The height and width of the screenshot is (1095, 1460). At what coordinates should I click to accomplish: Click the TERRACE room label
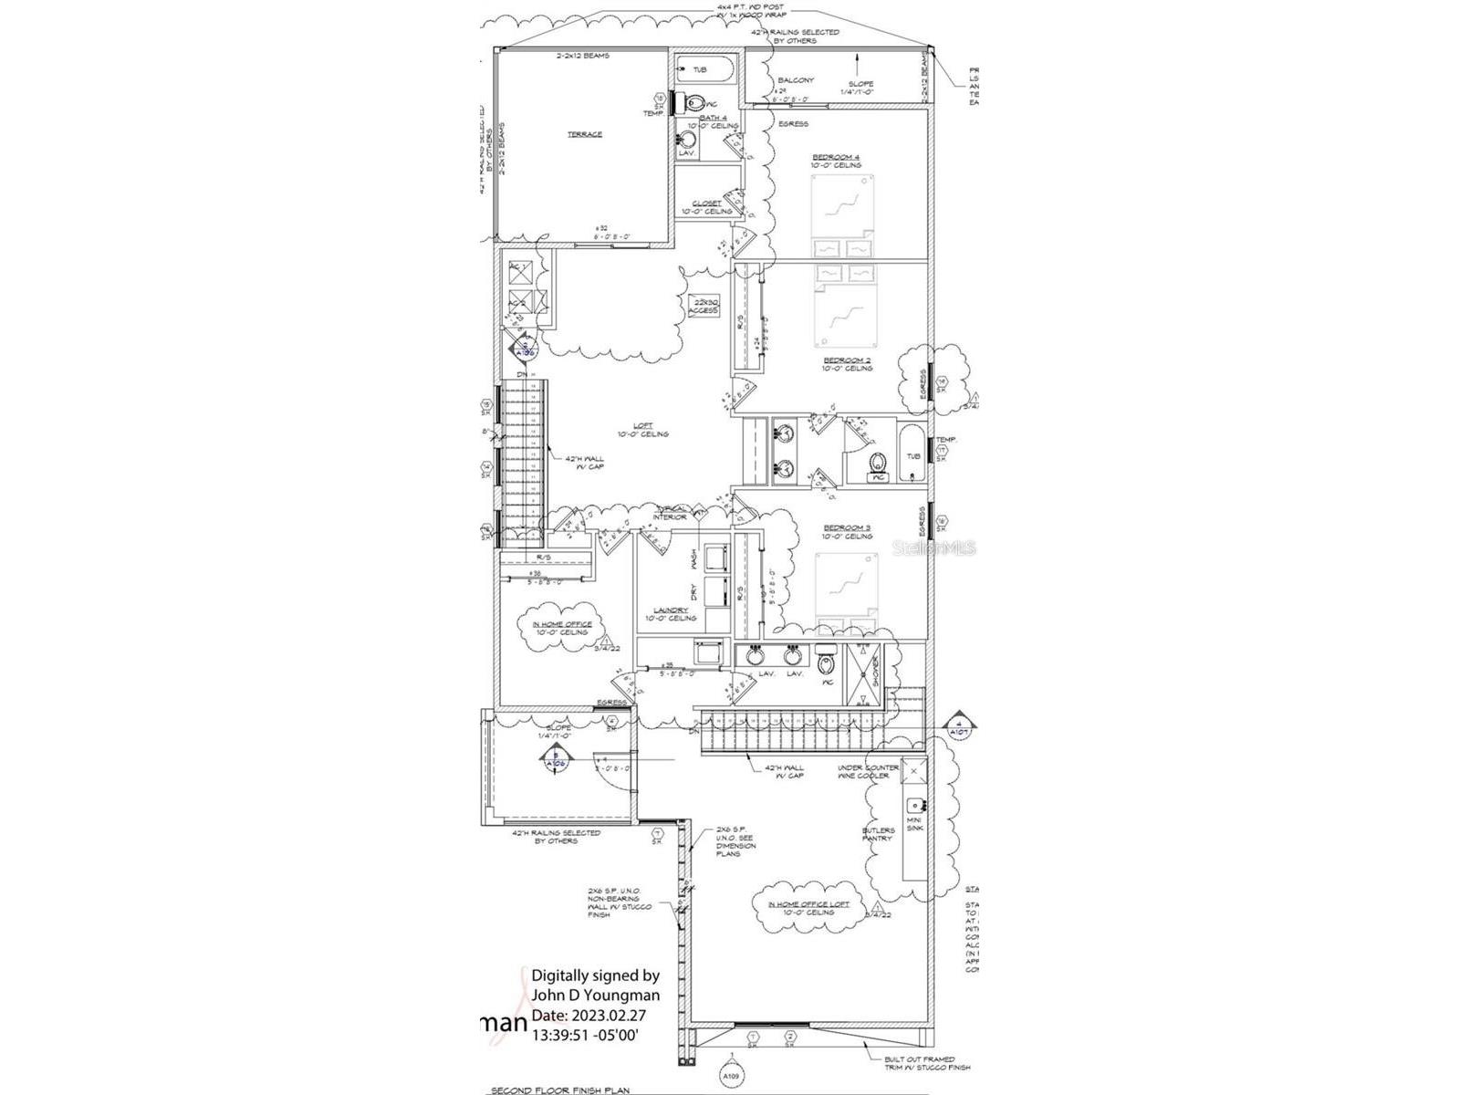coord(585,135)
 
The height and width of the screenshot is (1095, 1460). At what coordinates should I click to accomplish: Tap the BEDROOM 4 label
coord(836,157)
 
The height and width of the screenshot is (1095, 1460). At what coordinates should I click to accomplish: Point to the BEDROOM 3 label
coord(847,527)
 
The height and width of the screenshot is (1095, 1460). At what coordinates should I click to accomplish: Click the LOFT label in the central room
coord(644,426)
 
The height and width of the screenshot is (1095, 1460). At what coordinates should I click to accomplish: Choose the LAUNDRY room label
coord(671,610)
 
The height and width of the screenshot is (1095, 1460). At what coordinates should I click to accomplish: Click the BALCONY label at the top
coord(796,80)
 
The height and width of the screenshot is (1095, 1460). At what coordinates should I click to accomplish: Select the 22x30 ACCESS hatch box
coord(704,306)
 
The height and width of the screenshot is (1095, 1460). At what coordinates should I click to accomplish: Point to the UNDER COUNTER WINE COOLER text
coord(868,772)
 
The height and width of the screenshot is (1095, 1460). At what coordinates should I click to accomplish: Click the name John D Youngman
coord(595,995)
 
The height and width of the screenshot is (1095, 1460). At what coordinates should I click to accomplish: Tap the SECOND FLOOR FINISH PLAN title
coord(560,1090)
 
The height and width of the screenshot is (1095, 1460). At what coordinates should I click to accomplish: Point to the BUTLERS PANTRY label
coord(878,834)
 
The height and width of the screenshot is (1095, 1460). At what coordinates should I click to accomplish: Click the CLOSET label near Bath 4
coord(706,203)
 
